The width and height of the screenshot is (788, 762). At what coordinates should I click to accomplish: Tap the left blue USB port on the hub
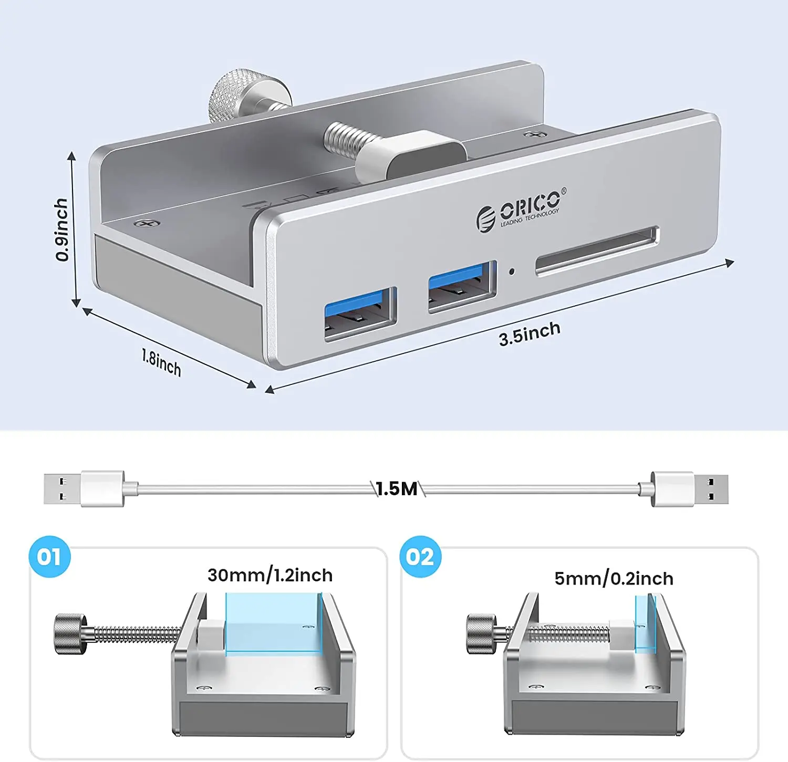(360, 314)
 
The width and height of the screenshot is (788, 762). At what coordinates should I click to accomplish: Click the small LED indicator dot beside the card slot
(511, 272)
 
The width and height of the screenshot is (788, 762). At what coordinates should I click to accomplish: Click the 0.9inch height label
(61, 229)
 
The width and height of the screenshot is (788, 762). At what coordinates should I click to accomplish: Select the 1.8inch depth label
(161, 362)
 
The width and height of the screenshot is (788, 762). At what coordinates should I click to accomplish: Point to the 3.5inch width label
(530, 333)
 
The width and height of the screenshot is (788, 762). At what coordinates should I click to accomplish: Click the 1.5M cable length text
(397, 489)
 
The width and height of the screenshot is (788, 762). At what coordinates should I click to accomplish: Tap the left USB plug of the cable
(84, 488)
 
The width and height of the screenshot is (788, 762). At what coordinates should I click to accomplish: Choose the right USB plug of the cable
(690, 489)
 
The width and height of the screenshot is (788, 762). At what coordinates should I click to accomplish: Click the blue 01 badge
(49, 557)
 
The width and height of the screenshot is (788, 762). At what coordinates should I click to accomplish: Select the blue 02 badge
(420, 557)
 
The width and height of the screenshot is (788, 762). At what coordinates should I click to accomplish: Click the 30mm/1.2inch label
(270, 575)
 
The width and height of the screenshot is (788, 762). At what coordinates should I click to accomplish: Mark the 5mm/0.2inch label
(614, 579)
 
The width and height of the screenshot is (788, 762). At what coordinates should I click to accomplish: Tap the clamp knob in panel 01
(70, 634)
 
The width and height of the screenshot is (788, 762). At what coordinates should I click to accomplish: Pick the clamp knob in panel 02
(481, 634)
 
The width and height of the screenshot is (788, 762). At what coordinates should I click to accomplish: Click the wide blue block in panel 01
(273, 624)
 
